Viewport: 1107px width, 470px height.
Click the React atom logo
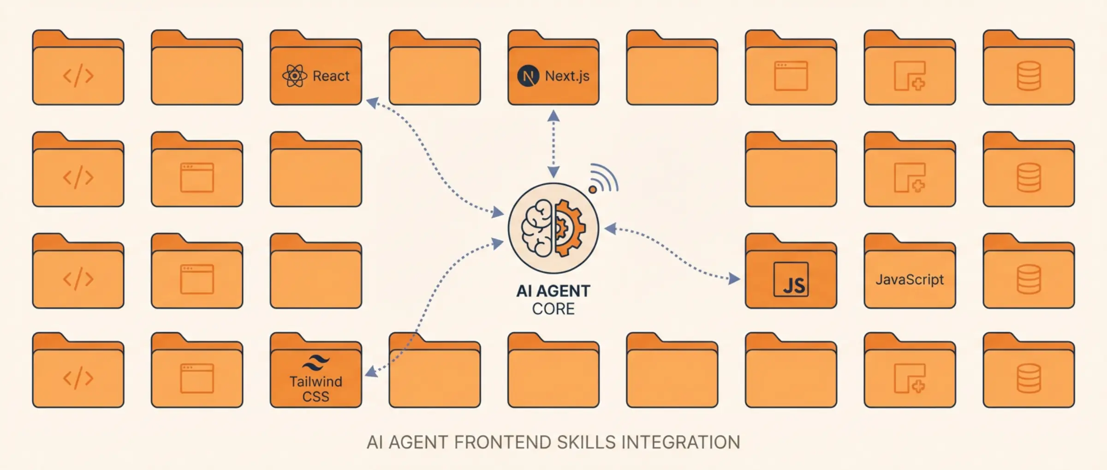(x=294, y=76)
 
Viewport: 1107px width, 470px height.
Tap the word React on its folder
(x=331, y=76)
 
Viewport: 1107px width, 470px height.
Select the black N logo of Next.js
(x=528, y=76)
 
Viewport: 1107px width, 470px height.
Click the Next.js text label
(x=567, y=76)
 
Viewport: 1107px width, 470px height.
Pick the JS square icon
(x=791, y=279)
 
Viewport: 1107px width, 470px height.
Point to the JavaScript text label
(x=909, y=279)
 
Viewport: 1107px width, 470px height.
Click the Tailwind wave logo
(x=316, y=362)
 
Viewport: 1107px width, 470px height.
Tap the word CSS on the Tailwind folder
(x=316, y=397)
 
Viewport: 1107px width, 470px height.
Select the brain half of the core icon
(x=537, y=228)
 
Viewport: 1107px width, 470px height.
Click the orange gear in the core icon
(x=570, y=228)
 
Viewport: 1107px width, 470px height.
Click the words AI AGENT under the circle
(x=553, y=291)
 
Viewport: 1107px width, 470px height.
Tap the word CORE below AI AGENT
(x=553, y=309)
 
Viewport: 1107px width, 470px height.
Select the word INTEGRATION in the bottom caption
(x=680, y=442)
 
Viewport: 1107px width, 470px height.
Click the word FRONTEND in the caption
(x=502, y=442)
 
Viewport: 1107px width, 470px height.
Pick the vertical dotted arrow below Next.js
(x=553, y=144)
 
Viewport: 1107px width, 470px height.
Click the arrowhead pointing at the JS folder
(x=734, y=278)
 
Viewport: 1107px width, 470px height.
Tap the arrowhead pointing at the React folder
(x=372, y=102)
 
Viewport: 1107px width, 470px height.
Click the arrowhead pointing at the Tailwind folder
(x=371, y=372)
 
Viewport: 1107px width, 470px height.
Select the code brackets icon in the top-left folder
(x=78, y=76)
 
